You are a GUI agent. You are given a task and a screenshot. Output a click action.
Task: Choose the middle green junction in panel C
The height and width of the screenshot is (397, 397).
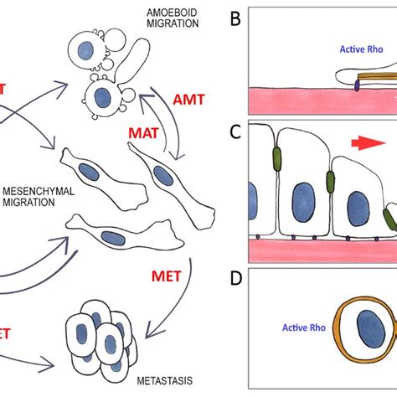pyautogui.click(x=331, y=183)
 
